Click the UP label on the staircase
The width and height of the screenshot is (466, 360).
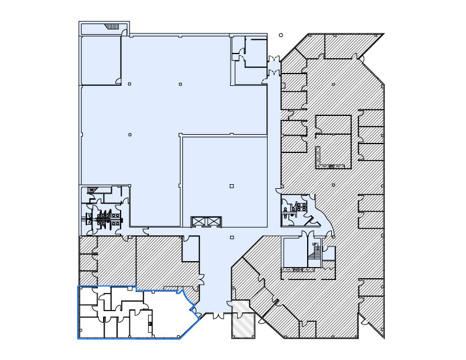point(315,244)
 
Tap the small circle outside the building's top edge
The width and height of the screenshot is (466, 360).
point(281,35)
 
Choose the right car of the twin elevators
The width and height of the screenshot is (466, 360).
point(213,221)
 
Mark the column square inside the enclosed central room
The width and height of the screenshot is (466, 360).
point(231,186)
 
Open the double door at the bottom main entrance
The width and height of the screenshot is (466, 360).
point(218,316)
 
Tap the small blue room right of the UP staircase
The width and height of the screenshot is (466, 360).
point(329,254)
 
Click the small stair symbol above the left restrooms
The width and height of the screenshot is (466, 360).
point(91,190)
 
